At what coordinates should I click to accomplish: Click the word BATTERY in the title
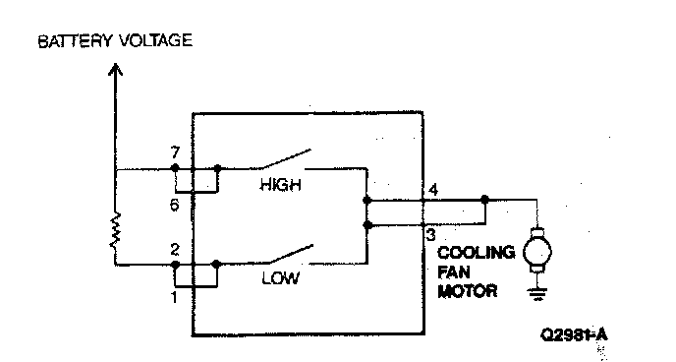pos(75,41)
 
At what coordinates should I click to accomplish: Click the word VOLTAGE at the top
pos(155,40)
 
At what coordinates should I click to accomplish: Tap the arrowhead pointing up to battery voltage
pos(115,69)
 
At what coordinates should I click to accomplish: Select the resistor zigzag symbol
pos(115,231)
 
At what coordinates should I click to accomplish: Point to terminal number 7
pos(175,152)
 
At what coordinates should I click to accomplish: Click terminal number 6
pos(174,205)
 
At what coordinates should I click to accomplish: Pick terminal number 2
pos(175,250)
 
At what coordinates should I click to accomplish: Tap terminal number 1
pos(174,297)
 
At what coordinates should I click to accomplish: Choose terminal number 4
pos(433,190)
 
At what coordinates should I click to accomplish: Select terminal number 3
pos(430,235)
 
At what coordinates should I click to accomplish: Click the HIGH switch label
pos(280,185)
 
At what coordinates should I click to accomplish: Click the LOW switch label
pos(280,278)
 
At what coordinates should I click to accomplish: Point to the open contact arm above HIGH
pos(285,158)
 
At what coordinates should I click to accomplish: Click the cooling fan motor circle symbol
pos(537,253)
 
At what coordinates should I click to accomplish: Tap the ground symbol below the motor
pos(537,294)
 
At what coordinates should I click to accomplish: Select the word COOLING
pos(476,253)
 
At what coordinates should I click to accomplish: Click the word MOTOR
pos(468,291)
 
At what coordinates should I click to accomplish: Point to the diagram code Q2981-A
pos(574,334)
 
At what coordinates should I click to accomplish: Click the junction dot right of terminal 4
pos(484,200)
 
